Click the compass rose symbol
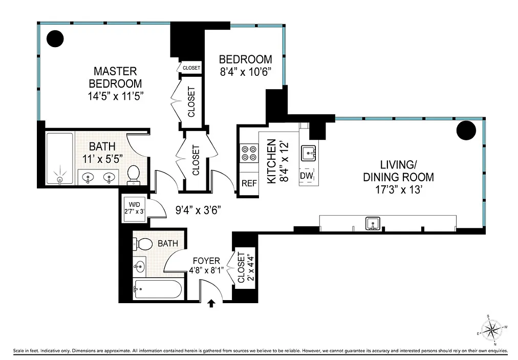(x=491, y=330)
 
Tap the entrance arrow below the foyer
(x=211, y=303)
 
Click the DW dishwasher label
(x=307, y=176)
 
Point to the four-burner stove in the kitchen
(x=249, y=153)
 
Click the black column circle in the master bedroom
(x=55, y=39)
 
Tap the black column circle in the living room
(x=466, y=131)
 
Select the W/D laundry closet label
(x=135, y=208)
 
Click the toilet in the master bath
(x=134, y=175)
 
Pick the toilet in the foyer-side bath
(x=142, y=244)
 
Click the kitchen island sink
(x=308, y=154)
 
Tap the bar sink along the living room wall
(x=373, y=223)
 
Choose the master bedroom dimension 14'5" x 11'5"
(x=116, y=96)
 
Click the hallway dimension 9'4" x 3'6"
(x=198, y=209)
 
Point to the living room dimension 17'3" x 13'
(x=398, y=190)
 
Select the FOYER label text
(x=206, y=261)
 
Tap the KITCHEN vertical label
(x=271, y=161)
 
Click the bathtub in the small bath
(x=157, y=289)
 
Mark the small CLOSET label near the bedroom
(x=191, y=68)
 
